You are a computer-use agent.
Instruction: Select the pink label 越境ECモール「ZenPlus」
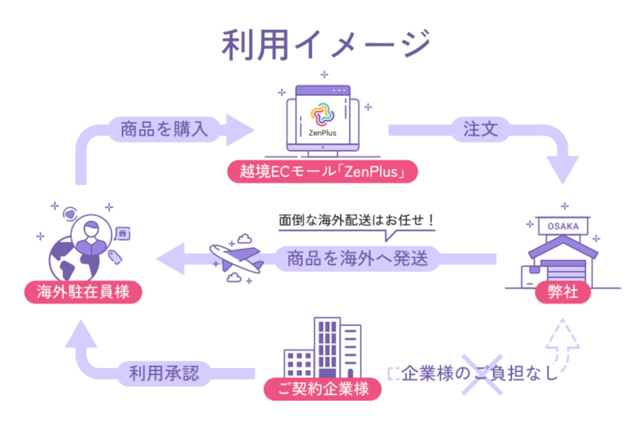point(322,172)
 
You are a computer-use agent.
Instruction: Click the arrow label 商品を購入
point(164,129)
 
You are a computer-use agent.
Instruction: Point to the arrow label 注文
point(480,129)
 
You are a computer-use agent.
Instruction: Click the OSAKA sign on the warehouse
point(563,226)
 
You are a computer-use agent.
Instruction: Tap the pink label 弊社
point(562,292)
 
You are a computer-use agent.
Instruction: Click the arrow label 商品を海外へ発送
point(357,258)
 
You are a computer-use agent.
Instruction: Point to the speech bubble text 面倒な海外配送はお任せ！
point(356,221)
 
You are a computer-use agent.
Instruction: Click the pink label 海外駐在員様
point(83,292)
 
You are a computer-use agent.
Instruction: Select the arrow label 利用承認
point(164,373)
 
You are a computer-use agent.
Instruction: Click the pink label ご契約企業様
point(323,389)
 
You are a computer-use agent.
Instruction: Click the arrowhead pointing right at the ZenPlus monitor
point(239,130)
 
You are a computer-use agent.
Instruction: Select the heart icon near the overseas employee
point(70,214)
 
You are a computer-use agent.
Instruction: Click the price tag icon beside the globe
point(115,257)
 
